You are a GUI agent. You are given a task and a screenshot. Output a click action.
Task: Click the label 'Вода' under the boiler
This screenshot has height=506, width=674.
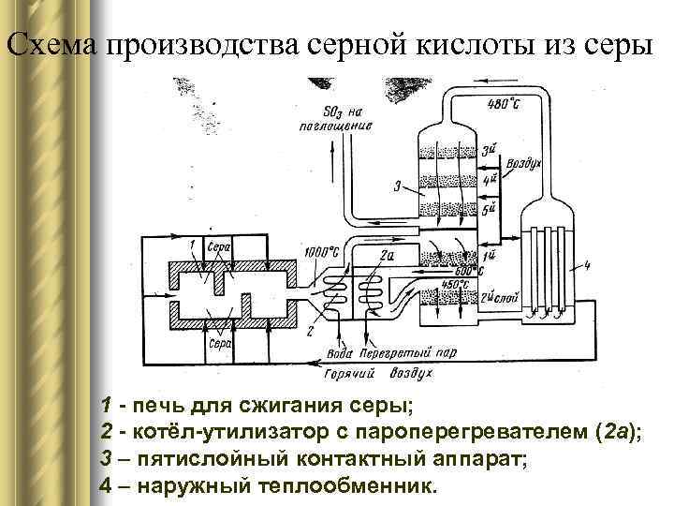tap(340, 355)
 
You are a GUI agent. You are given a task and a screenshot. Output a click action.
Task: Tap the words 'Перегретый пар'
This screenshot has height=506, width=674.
tap(405, 355)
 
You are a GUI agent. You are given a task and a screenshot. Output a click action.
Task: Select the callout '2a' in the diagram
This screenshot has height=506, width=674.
tap(388, 252)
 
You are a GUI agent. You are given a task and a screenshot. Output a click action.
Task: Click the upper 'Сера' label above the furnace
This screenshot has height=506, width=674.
tap(217, 247)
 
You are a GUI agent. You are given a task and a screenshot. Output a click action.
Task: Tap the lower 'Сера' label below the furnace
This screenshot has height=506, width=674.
tap(220, 345)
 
